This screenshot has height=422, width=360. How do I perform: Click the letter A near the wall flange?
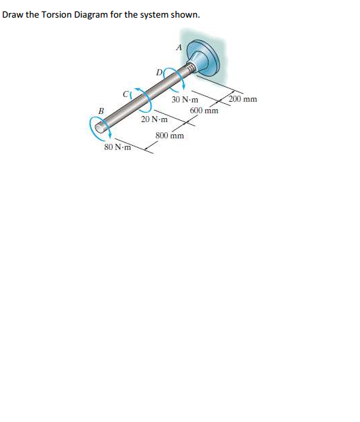pos(179,47)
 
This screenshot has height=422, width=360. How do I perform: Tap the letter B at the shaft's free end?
pos(101,111)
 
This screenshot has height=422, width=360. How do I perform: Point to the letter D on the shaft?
pos(159,71)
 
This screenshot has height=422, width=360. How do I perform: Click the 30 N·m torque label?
pos(185,99)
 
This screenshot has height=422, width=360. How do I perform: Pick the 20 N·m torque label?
pos(154,119)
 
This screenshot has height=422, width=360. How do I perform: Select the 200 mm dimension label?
pos(242,99)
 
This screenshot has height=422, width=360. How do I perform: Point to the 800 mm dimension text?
pos(170,135)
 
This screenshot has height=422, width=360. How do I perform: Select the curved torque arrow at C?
pos(141,98)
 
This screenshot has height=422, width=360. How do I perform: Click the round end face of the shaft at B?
pos(101,126)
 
